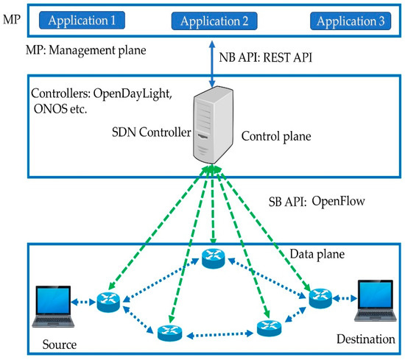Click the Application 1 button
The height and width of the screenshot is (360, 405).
(82, 20)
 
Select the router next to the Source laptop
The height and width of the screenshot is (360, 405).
(108, 302)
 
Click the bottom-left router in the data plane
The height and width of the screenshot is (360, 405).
(168, 333)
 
